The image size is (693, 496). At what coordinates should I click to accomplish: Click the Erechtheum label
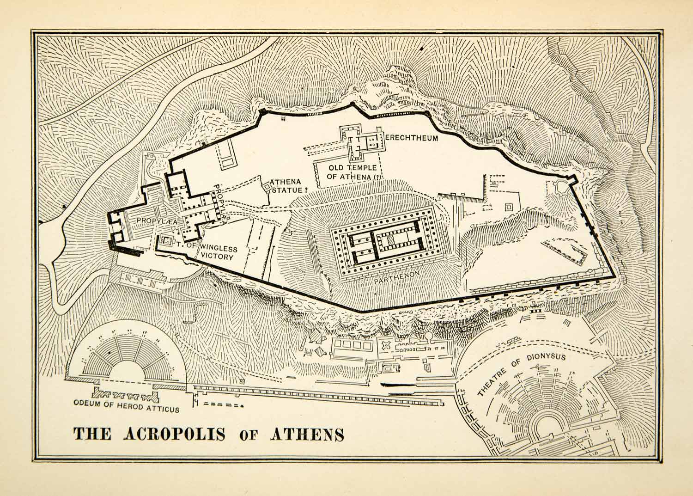[x=411, y=138]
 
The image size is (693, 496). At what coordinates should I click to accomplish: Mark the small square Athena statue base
[x=267, y=186]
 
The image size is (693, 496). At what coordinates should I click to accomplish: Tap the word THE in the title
[x=92, y=435]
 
